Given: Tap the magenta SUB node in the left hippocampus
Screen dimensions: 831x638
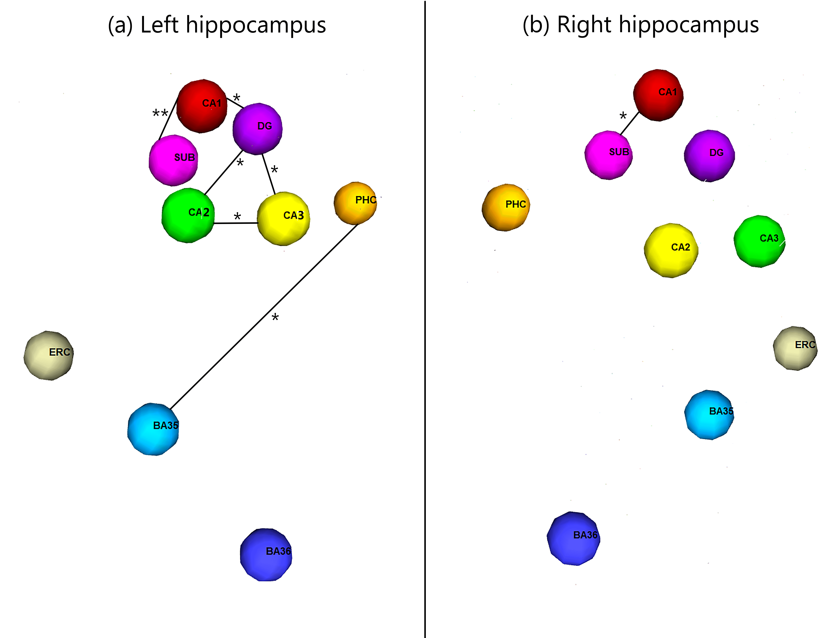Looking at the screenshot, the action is [x=173, y=160].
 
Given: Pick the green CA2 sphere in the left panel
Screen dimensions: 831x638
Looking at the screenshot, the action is [x=188, y=215].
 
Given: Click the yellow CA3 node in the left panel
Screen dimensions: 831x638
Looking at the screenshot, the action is [x=283, y=219].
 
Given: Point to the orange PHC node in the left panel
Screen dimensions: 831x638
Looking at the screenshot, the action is [x=355, y=203].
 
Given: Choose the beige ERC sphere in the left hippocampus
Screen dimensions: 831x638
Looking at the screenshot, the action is [x=48, y=355].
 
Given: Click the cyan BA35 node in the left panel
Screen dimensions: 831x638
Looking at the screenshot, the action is [x=153, y=429].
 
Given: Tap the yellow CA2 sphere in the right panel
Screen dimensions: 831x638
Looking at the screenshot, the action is [x=671, y=250].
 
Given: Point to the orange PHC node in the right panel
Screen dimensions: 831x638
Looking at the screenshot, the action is [x=506, y=207].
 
